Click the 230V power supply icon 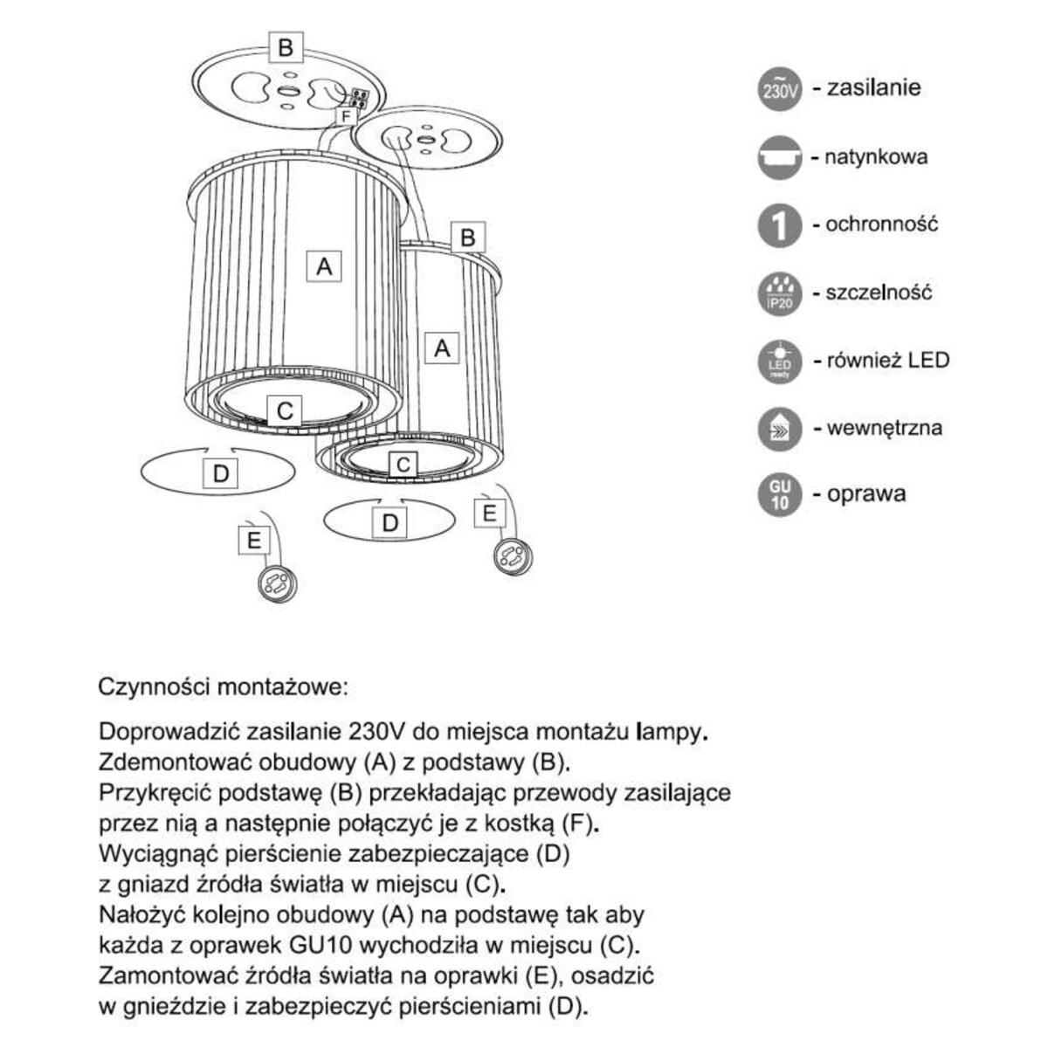780,89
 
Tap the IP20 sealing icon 780,293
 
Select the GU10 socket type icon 780,494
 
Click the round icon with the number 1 780,225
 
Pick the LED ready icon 780,361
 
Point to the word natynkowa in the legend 876,158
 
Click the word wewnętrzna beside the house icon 884,428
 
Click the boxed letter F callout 347,115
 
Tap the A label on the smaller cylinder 442,348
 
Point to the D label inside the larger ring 220,473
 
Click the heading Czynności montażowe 223,686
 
